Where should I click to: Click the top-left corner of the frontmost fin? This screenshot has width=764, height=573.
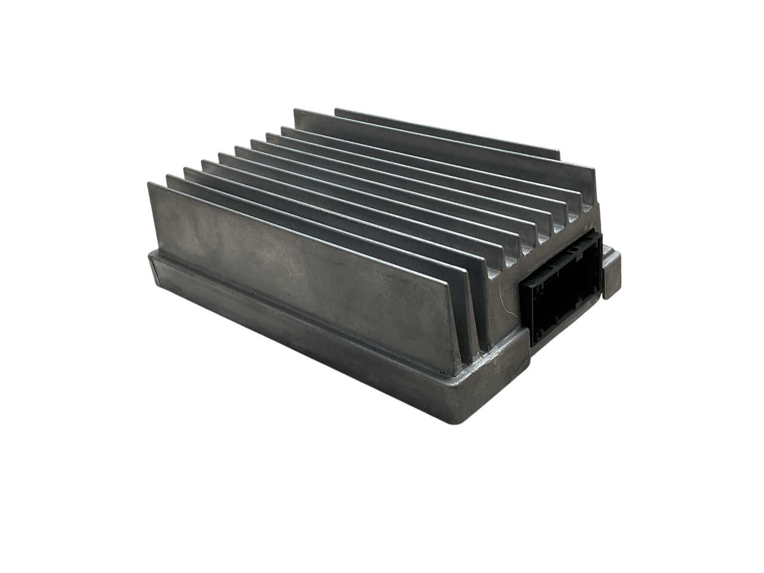click(149, 184)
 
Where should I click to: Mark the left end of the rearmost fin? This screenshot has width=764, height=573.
click(337, 110)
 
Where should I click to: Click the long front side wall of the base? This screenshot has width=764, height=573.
click(298, 352)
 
